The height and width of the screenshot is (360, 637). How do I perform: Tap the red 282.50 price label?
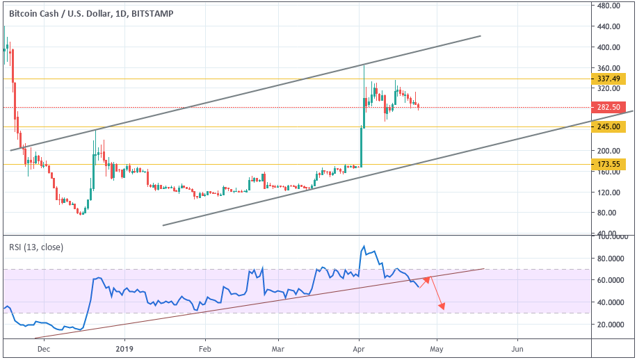pyautogui.click(x=610, y=108)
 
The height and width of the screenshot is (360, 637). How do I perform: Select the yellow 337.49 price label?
pyautogui.click(x=610, y=79)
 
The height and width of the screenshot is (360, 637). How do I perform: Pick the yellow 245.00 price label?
pyautogui.click(x=610, y=126)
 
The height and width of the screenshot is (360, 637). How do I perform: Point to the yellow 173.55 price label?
pyautogui.click(x=610, y=164)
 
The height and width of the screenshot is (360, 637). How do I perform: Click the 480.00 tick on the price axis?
pyautogui.click(x=609, y=6)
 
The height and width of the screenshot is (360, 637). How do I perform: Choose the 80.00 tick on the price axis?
pyautogui.click(x=609, y=213)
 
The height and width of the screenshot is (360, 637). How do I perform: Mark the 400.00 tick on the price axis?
pyautogui.click(x=609, y=47)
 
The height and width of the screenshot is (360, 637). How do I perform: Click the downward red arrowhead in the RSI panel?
pyautogui.click(x=442, y=308)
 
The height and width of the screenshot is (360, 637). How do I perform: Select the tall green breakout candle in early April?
pyautogui.click(x=362, y=146)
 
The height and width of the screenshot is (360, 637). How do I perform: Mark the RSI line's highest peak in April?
pyautogui.click(x=363, y=246)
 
